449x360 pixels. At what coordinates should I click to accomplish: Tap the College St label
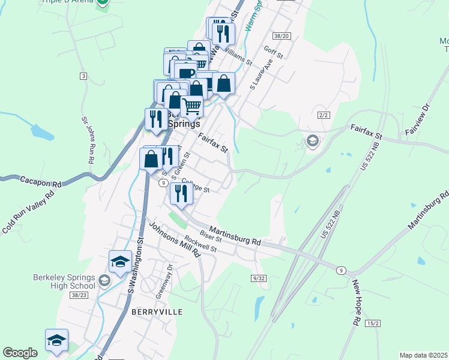pos(195,186)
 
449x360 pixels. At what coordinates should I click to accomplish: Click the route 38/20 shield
pos(281,36)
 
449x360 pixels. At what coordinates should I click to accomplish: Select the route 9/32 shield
pos(259,278)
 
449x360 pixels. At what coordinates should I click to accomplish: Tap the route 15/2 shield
pos(373,323)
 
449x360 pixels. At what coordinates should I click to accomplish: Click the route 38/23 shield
pos(79,295)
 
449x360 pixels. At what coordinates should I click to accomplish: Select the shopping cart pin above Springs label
pos(191,106)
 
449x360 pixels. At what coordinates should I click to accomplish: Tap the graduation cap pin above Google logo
pos(57,340)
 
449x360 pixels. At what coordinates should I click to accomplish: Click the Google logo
pos(20,353)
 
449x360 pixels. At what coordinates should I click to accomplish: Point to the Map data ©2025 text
pos(423,355)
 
